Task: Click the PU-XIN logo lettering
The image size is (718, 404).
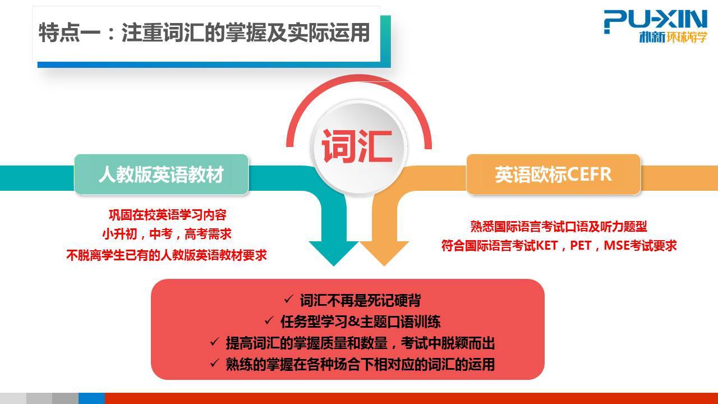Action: tap(655, 20)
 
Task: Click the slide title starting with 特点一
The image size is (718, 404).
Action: tap(204, 33)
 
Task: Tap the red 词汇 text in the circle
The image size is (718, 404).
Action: tap(357, 146)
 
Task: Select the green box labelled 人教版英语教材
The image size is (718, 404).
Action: tap(161, 175)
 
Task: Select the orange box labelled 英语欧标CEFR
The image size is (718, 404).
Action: tap(553, 175)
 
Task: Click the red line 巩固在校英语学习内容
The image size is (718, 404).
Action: tap(167, 215)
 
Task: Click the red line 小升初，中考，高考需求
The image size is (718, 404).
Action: tap(167, 234)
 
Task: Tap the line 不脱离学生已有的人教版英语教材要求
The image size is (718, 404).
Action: tap(167, 255)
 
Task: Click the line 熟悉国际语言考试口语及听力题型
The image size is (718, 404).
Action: tap(559, 226)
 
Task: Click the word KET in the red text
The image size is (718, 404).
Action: tap(547, 246)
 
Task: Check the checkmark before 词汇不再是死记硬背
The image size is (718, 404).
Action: tap(288, 300)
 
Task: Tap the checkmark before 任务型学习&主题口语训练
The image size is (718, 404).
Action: tap(269, 320)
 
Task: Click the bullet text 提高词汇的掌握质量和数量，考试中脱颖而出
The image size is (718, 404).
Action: tap(360, 343)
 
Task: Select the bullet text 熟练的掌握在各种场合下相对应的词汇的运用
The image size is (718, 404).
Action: tap(360, 364)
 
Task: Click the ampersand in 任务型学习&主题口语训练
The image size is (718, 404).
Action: tap(354, 322)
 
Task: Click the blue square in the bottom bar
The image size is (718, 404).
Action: tap(91, 398)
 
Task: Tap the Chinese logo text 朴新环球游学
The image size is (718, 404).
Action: tap(673, 37)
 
